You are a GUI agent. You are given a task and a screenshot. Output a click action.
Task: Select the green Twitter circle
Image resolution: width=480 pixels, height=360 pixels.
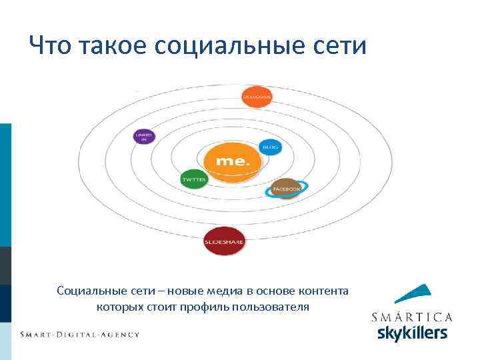[x=194, y=179]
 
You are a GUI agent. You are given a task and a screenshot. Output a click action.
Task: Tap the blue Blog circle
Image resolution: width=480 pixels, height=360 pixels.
[x=269, y=147]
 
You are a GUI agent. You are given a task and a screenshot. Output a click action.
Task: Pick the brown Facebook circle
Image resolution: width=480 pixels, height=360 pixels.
[x=286, y=189]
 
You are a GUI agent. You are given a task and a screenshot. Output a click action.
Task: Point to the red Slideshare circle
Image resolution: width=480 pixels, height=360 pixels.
[x=223, y=241]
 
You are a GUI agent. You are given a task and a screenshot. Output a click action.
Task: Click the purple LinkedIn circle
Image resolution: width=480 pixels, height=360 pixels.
[x=144, y=137]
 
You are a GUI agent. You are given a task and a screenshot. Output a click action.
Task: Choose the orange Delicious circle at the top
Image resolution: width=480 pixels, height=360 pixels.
[x=256, y=97]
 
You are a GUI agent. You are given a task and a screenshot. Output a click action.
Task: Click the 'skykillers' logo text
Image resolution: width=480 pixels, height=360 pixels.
[x=412, y=332]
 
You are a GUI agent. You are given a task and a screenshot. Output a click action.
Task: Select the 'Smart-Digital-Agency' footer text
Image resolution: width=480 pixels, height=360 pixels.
[x=79, y=333]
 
